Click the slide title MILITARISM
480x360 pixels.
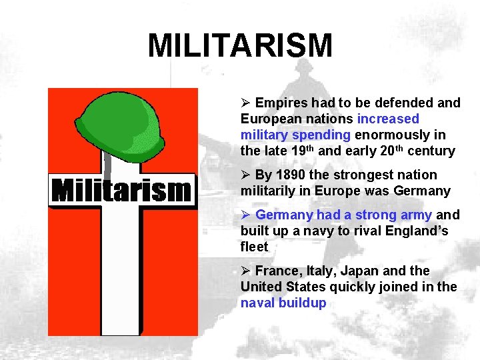point(240,46)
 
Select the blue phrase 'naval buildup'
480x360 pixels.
point(283,303)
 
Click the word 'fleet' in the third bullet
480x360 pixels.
point(254,247)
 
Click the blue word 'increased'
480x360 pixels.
point(388,119)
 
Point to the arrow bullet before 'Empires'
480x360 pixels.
point(245,103)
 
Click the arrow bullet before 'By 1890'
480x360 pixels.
point(245,175)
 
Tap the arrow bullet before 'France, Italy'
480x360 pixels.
point(245,271)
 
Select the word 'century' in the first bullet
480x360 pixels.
point(431,151)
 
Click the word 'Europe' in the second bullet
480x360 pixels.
point(325,191)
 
